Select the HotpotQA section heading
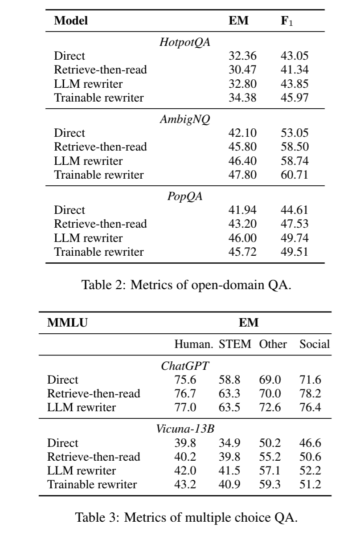[184, 43]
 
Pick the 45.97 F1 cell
[295, 98]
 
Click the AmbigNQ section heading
[184, 120]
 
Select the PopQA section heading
[184, 197]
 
